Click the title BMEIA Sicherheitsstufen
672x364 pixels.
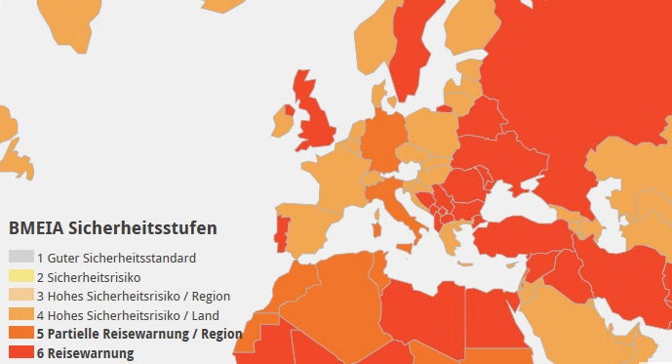(x=112, y=228)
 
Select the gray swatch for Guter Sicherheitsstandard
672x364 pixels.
(x=20, y=259)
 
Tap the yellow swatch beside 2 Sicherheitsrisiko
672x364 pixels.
(x=20, y=277)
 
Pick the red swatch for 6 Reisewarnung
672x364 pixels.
(x=20, y=353)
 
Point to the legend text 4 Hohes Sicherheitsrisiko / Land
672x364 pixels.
(x=128, y=315)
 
